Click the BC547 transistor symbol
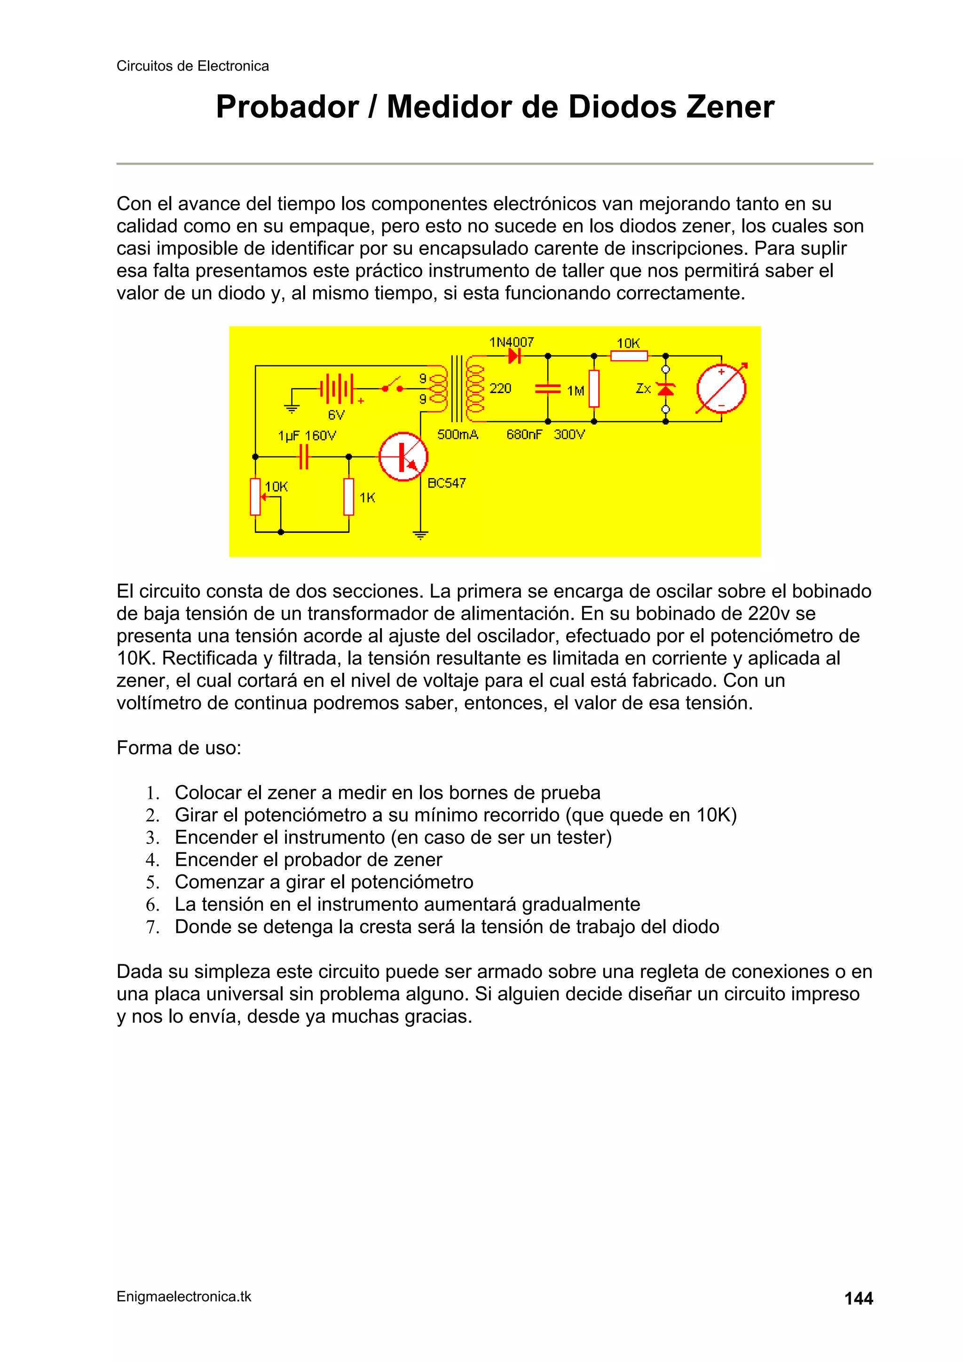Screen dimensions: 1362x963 (x=403, y=456)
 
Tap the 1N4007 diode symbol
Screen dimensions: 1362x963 (x=514, y=356)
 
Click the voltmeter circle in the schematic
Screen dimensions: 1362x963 (x=721, y=389)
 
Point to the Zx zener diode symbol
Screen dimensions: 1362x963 (x=666, y=389)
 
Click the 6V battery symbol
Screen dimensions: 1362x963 (x=336, y=389)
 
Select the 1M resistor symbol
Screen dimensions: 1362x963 (x=594, y=389)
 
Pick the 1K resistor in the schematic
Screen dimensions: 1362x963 (x=349, y=496)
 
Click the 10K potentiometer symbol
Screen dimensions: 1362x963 (x=256, y=496)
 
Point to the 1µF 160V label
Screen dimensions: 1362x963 (x=307, y=436)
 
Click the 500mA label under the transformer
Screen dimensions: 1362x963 (x=458, y=435)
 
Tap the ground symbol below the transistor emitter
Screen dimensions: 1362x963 (x=420, y=535)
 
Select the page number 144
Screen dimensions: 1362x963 (x=858, y=1299)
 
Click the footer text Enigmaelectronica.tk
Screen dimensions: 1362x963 (x=184, y=1297)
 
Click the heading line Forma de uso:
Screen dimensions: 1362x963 (x=179, y=748)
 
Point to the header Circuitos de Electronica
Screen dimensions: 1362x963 (x=192, y=66)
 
